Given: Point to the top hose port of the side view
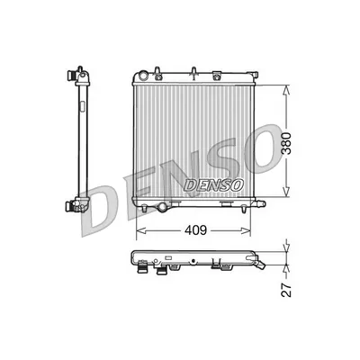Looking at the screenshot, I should pos(79,71).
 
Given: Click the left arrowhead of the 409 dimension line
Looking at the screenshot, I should pos(140,231).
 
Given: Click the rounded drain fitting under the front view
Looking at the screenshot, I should pos(163,209).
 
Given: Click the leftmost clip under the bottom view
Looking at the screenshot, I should pos(141,265).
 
